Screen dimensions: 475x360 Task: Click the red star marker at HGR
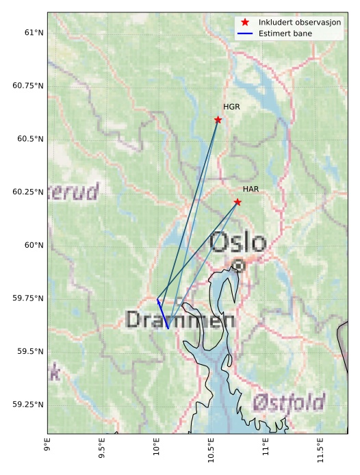pyautogui.click(x=218, y=120)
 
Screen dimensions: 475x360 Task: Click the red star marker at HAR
pyautogui.click(x=237, y=202)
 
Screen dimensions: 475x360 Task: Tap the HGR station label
pyautogui.click(x=231, y=107)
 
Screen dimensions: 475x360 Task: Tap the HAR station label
pyautogui.click(x=250, y=189)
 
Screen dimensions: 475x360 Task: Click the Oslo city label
pyautogui.click(x=238, y=243)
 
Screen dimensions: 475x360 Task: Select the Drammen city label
pyautogui.click(x=181, y=320)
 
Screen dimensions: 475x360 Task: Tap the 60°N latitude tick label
pyautogui.click(x=32, y=245)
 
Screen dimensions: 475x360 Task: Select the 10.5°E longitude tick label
pyautogui.click(x=211, y=453)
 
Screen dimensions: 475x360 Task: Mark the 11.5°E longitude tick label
pyautogui.click(x=320, y=453)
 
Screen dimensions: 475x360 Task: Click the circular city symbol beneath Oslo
pyautogui.click(x=237, y=266)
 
